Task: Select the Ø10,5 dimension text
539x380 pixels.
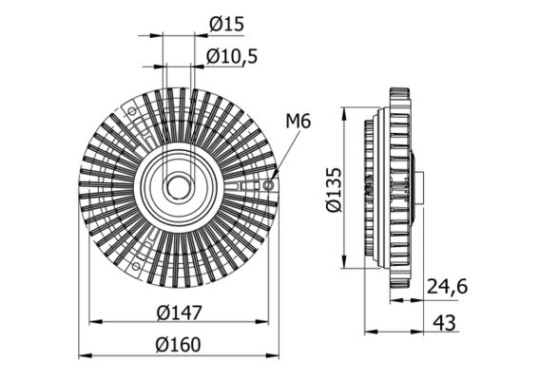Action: [x=232, y=57]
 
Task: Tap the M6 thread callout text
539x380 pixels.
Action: [x=298, y=122]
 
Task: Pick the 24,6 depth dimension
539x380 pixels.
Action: [x=447, y=286]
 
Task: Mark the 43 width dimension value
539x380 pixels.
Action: [x=442, y=321]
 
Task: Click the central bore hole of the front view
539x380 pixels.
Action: [x=178, y=186]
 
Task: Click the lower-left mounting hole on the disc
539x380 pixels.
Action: [x=135, y=266]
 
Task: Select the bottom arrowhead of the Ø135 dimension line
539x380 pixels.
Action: [x=346, y=263]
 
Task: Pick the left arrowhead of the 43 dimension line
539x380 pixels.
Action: [x=370, y=332]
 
